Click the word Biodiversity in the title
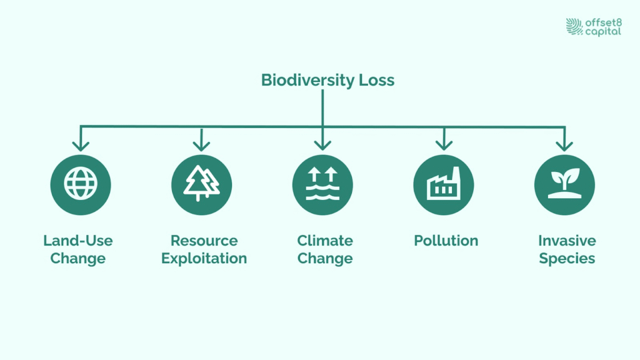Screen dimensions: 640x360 click(x=307, y=81)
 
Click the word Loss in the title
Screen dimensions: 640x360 click(x=377, y=80)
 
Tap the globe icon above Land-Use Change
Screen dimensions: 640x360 click(x=81, y=184)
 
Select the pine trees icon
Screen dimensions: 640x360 click(x=202, y=184)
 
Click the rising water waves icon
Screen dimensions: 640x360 click(x=322, y=184)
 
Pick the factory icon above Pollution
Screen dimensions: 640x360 click(x=444, y=184)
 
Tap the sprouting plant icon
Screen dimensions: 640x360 click(x=565, y=184)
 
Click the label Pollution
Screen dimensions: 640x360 click(x=446, y=241)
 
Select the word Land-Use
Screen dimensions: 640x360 click(x=78, y=241)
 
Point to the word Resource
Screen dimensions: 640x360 click(x=204, y=241)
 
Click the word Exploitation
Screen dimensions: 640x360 click(x=204, y=258)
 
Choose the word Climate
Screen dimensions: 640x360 click(x=325, y=241)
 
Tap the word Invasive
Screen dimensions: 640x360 click(x=567, y=241)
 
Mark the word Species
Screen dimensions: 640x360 click(x=567, y=259)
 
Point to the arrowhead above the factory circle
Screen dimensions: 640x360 click(x=444, y=145)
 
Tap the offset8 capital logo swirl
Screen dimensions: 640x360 click(x=574, y=26)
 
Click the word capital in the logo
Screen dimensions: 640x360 click(x=603, y=32)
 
